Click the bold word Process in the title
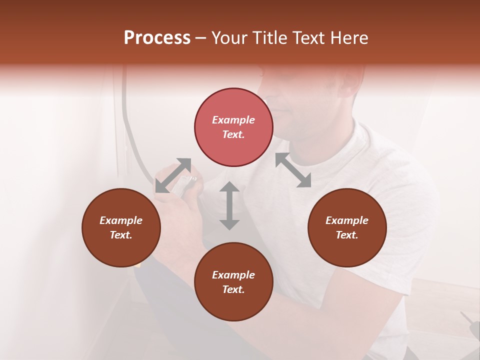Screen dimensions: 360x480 click(x=157, y=38)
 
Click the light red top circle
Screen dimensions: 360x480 click(x=233, y=127)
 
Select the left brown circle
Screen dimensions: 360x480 click(x=121, y=227)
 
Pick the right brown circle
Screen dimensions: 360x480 click(x=347, y=227)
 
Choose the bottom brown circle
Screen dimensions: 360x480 click(x=233, y=282)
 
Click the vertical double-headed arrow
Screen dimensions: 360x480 click(x=229, y=205)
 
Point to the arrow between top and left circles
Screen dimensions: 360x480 click(x=173, y=175)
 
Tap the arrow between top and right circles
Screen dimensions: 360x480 click(x=293, y=170)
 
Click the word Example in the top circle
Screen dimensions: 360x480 click(x=233, y=120)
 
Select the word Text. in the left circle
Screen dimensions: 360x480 click(x=121, y=235)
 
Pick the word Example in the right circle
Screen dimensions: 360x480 click(x=347, y=220)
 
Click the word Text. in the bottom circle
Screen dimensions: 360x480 click(x=233, y=289)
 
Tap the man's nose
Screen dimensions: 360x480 click(x=278, y=105)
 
